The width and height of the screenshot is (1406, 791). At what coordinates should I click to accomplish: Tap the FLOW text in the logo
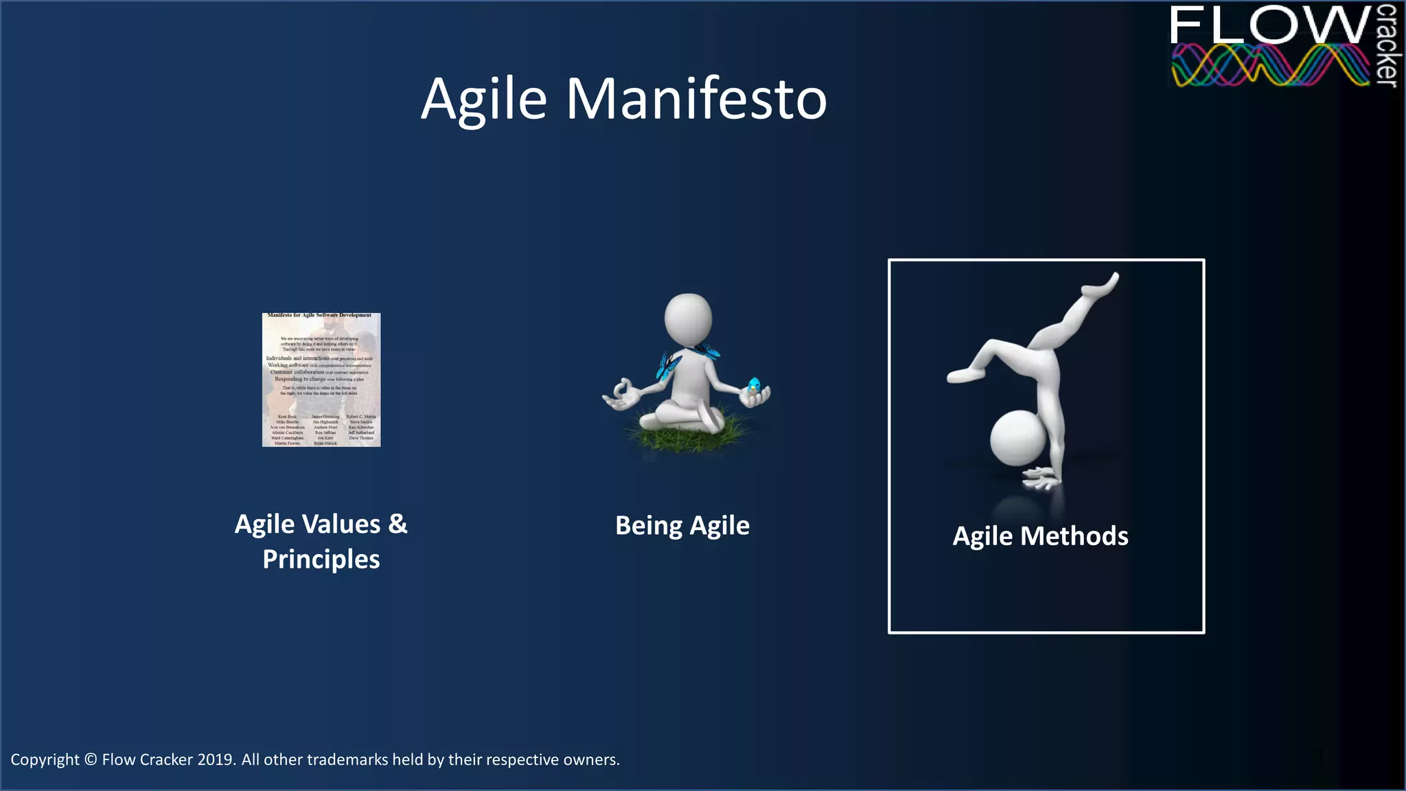[x=1269, y=26]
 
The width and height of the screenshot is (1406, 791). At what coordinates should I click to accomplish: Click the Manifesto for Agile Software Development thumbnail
[x=321, y=380]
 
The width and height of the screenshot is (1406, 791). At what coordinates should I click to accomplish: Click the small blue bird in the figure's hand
[x=754, y=386]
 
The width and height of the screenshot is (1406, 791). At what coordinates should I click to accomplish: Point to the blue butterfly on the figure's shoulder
[x=667, y=365]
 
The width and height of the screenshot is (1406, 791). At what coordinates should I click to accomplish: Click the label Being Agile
[x=682, y=526]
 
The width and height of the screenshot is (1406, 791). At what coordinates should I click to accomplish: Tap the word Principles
[x=321, y=560]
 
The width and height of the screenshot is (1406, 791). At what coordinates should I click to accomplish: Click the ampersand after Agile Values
[x=397, y=524]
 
